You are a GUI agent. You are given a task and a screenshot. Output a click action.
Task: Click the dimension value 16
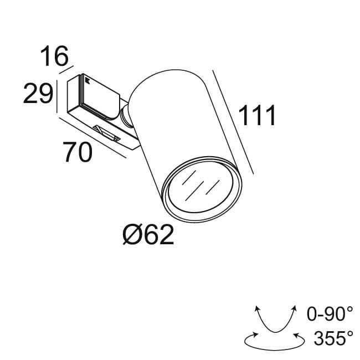[x=54, y=57]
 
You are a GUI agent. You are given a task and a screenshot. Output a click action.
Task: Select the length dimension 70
[x=78, y=152]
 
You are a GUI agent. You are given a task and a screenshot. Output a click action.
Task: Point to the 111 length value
[x=256, y=116]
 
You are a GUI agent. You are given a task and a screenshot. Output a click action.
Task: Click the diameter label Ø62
[x=148, y=236]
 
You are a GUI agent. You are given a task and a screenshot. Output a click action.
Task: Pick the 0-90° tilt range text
[x=330, y=315]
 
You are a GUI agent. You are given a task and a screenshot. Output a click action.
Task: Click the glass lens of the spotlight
[x=201, y=189]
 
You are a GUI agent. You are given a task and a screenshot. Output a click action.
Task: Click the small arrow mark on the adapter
[x=87, y=81]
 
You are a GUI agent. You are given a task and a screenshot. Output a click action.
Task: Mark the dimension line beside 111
[x=234, y=122]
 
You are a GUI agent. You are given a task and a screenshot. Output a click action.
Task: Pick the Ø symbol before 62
[x=131, y=236]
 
